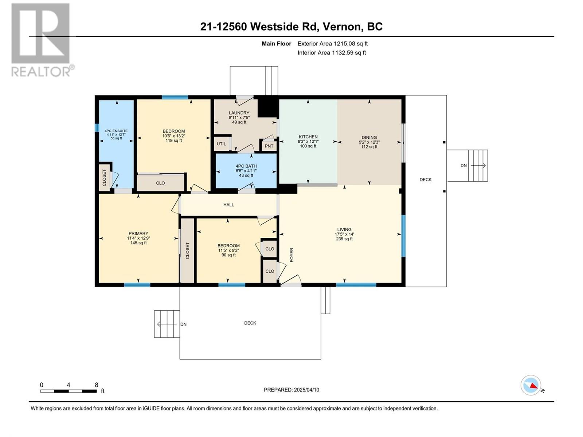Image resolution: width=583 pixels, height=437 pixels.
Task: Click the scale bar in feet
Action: point(69,391)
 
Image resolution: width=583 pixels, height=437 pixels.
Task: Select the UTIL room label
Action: point(221,144)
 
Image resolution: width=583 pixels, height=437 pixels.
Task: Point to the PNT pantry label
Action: point(269,146)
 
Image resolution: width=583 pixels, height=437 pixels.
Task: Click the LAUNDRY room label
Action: point(239,113)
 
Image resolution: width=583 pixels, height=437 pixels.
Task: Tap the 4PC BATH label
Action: point(246,166)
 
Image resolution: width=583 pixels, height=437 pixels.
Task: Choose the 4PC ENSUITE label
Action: point(116,131)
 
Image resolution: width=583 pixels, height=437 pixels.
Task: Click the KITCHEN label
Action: point(308,137)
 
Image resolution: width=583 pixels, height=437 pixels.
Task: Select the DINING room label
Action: point(369,137)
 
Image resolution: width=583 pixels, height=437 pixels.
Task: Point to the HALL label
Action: point(229,205)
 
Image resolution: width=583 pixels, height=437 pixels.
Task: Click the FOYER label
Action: point(291,255)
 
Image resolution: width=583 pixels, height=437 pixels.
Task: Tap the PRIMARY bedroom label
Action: point(138,233)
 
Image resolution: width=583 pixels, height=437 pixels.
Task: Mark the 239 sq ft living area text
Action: point(344,239)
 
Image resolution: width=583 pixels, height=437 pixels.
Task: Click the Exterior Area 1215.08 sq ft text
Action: point(333,43)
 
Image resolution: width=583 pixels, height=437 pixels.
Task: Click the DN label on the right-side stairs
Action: point(463,166)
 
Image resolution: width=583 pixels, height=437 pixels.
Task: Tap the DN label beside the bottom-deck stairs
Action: point(183,324)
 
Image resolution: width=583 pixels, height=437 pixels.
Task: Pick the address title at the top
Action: point(291,27)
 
